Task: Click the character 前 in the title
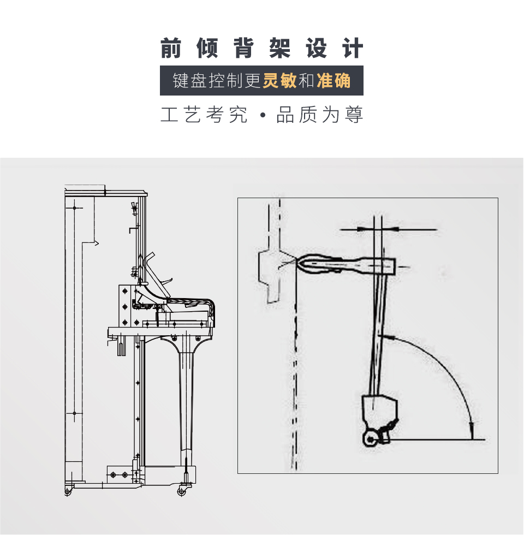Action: coord(171,48)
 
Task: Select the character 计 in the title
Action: coord(353,48)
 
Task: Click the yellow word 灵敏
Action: coord(279,81)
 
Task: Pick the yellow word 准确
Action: coord(333,81)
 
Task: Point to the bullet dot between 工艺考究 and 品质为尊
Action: coord(262,116)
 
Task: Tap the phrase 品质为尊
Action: coord(320,116)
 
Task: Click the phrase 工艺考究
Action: coord(204,116)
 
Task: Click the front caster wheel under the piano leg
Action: coord(181,491)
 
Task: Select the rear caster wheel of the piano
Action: coord(68,492)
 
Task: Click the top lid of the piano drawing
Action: coord(106,192)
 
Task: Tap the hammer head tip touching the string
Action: coord(300,263)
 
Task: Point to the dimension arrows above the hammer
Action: coord(377,229)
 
